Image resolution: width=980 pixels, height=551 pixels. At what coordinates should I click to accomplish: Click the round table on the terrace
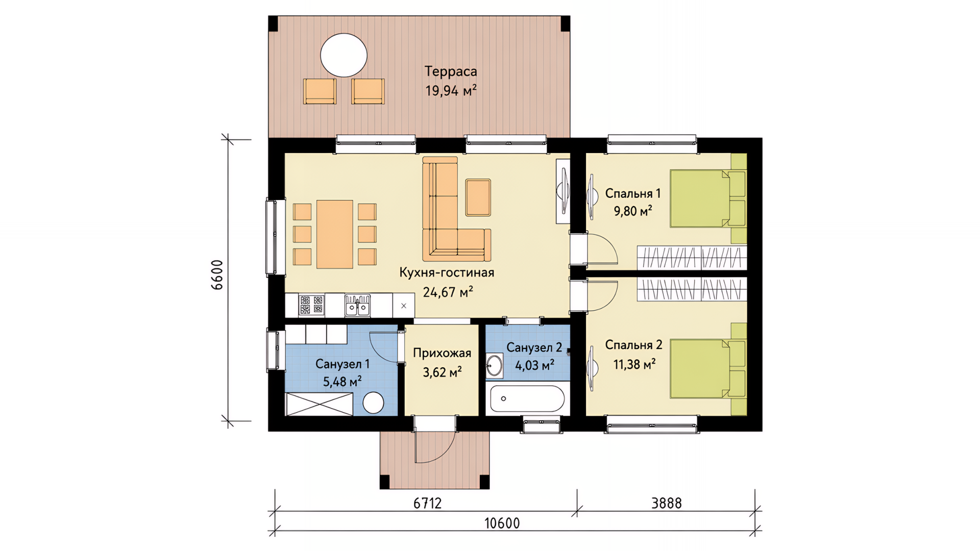tap(344, 55)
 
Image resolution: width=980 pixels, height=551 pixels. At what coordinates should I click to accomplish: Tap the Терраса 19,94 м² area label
tap(451, 81)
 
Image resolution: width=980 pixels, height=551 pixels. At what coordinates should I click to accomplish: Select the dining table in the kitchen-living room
tap(335, 234)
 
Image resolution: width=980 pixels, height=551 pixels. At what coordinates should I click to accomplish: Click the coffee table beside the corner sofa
tap(478, 197)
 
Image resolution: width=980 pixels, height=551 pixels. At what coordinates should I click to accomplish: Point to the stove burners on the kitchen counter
tap(311, 305)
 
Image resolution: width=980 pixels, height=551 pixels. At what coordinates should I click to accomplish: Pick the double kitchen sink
tap(357, 305)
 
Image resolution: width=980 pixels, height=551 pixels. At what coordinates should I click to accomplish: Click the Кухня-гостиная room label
tap(447, 272)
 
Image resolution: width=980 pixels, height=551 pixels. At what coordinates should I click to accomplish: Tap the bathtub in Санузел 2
tap(527, 398)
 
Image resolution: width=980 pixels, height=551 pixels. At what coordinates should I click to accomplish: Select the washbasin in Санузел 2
tap(494, 365)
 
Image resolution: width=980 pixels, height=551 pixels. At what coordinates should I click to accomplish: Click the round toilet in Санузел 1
tap(373, 403)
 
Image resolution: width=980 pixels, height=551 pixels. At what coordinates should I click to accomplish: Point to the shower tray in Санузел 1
tap(319, 404)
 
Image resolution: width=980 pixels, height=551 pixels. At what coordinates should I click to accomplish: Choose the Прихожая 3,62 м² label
tap(442, 362)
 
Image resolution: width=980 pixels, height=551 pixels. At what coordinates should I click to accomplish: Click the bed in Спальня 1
tap(707, 198)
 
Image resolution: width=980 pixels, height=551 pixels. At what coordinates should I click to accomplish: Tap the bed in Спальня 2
tap(707, 368)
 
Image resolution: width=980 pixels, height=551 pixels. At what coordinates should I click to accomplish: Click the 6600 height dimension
tap(217, 275)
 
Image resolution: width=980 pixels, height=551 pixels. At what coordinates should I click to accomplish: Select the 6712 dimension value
tap(427, 503)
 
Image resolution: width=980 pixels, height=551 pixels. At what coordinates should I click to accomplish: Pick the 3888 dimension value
tap(667, 503)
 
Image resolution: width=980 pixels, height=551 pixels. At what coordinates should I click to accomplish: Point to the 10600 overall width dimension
tap(502, 523)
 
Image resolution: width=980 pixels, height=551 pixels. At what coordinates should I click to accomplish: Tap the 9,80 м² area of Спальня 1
tap(633, 211)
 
